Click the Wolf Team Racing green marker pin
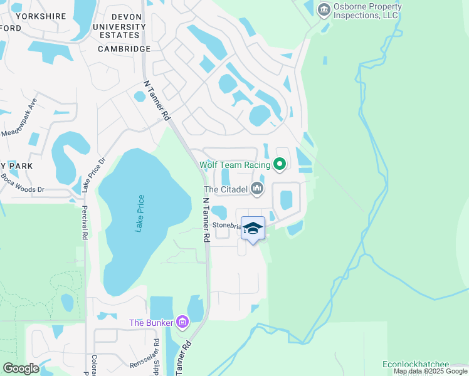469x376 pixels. [x=280, y=165]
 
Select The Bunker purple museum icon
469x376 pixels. [x=182, y=322]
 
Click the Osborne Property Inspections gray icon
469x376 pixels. [x=324, y=9]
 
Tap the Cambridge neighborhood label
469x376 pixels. [x=124, y=49]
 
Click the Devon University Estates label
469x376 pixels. [x=119, y=26]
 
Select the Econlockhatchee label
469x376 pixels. [x=424, y=364]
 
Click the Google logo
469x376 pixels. [x=21, y=368]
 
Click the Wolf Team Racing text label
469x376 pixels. [x=234, y=165]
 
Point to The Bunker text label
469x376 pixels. [x=152, y=323]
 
